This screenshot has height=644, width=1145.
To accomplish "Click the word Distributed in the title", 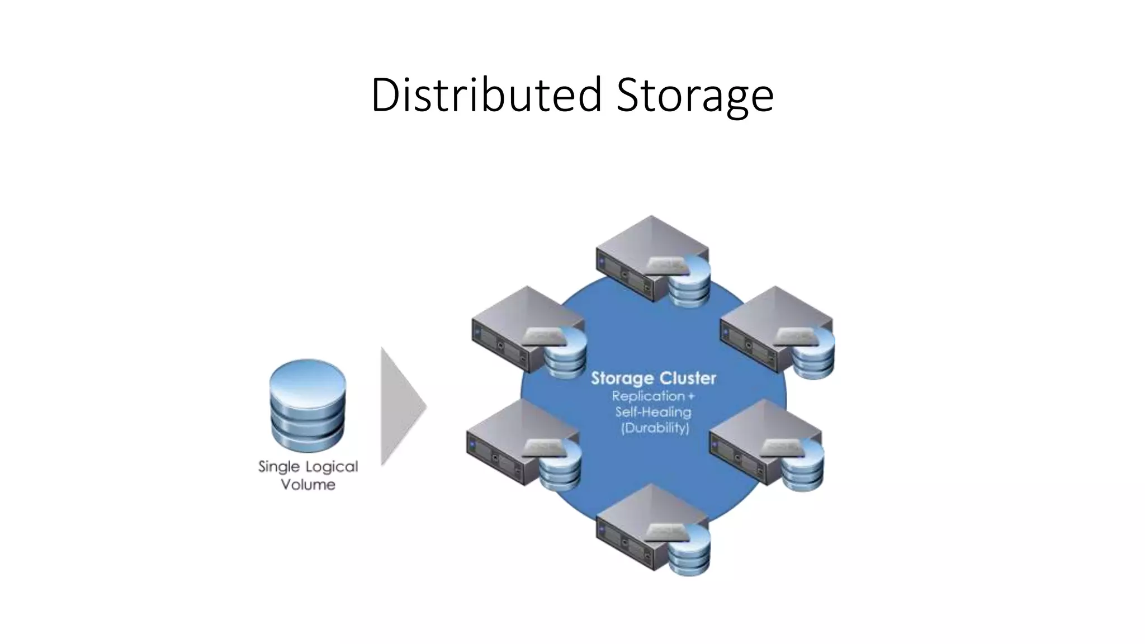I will [486, 95].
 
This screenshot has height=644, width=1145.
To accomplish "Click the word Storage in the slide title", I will [695, 96].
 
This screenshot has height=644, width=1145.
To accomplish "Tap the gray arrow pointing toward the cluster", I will [400, 406].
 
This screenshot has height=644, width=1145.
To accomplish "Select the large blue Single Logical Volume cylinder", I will [307, 405].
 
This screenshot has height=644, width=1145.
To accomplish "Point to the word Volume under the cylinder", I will [308, 484].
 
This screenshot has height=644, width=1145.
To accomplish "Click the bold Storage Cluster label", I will [653, 378].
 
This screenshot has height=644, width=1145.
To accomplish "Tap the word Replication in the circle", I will [647, 396].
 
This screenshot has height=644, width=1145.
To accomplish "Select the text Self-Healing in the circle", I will [653, 412].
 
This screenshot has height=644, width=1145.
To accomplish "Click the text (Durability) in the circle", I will [655, 428].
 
